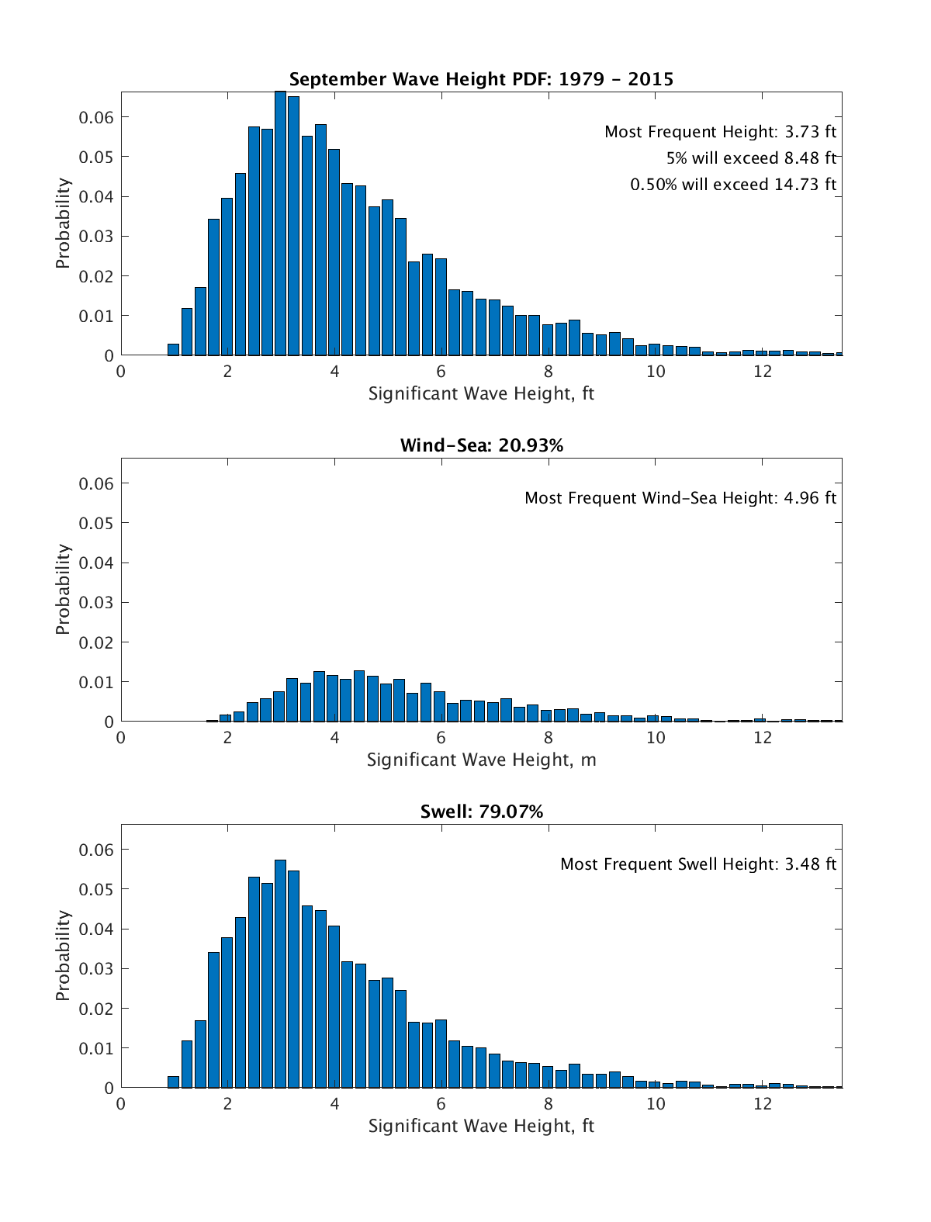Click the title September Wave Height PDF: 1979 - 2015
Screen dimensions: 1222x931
481,79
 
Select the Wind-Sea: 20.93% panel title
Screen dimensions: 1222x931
481,445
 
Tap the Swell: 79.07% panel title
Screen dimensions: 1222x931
481,812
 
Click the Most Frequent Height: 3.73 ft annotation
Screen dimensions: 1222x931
720,132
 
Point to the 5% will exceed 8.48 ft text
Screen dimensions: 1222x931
751,158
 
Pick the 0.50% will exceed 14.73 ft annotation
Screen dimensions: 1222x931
733,185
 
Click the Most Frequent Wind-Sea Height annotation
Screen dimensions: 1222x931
680,498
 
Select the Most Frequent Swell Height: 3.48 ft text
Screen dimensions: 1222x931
698,864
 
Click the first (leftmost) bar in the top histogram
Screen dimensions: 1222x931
173,349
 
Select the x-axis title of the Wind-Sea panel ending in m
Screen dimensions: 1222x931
481,760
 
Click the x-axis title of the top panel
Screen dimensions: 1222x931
481,393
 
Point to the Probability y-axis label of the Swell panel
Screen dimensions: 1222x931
63,955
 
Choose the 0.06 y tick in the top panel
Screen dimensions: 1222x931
96,117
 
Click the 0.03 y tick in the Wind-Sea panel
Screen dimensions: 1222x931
96,602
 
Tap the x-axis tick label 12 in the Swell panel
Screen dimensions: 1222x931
763,1103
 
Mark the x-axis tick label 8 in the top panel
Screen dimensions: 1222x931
549,371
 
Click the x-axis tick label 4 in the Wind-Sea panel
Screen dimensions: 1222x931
334,737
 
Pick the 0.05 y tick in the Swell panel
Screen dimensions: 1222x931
96,889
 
